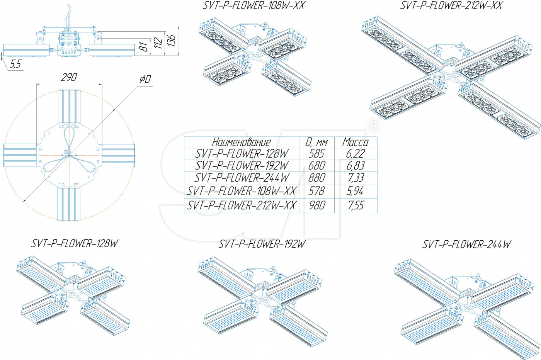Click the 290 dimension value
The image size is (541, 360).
[69, 77]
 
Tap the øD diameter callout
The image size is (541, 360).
[145, 79]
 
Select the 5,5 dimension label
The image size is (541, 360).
[15, 64]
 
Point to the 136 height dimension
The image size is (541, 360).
[171, 40]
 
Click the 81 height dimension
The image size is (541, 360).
[143, 47]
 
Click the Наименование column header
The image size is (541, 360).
[241, 142]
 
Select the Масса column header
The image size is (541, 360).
[355, 142]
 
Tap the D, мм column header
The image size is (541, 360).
[316, 142]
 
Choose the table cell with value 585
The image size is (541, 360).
[316, 154]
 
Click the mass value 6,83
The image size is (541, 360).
[355, 166]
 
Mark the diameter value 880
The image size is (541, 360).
[316, 178]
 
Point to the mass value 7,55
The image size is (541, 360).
[356, 205]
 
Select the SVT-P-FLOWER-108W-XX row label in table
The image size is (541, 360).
[242, 191]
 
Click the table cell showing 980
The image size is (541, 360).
[317, 205]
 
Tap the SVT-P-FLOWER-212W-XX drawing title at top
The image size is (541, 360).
[451, 5]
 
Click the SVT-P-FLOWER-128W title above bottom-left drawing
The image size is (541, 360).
[75, 243]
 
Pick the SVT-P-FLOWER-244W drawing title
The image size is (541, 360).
[466, 244]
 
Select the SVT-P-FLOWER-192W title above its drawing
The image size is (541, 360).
[262, 244]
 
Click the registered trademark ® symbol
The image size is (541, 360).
[373, 126]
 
